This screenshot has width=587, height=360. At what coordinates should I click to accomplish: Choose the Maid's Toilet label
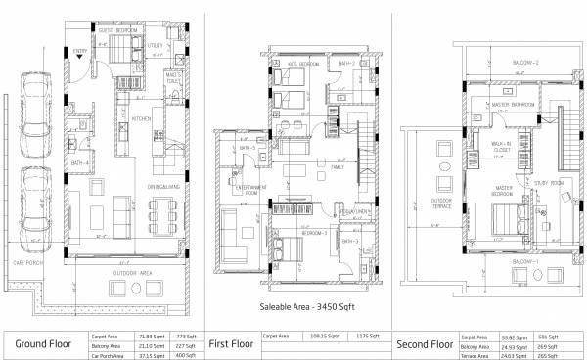[x=175, y=76]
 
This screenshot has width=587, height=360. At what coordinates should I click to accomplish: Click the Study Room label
[x=547, y=182]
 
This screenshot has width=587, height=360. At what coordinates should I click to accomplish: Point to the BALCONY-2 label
[x=527, y=61]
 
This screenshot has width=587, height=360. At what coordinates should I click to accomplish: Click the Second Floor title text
[x=424, y=344]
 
